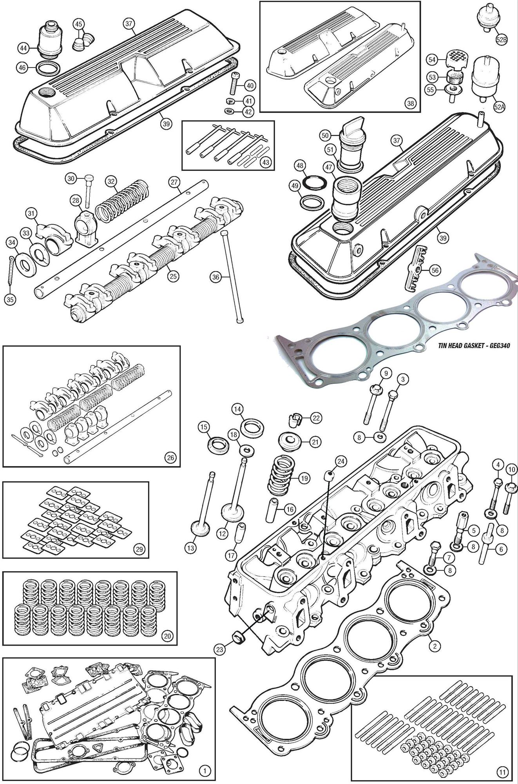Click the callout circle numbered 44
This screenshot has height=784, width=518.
(24, 48)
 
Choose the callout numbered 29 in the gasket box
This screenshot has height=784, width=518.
(138, 549)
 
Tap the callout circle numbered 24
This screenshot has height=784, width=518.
(340, 462)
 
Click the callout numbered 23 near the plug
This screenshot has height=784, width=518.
(221, 650)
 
